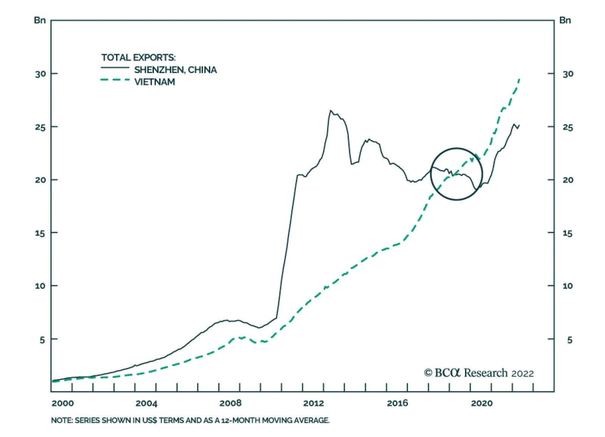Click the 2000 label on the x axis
point(63,403)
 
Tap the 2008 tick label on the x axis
point(230,403)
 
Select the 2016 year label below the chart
point(397,403)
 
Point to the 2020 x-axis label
point(482,403)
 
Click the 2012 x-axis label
point(313,403)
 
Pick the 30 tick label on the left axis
point(40,74)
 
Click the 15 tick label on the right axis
point(567,233)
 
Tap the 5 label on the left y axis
point(42,340)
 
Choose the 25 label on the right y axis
point(568,127)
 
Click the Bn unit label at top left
point(40,20)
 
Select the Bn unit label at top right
point(565,20)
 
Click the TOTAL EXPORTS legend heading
point(138,58)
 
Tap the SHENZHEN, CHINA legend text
point(175,70)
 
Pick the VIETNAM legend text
point(155,82)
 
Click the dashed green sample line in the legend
point(115,80)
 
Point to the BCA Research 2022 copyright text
point(479,373)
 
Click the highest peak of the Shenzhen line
point(330,111)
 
